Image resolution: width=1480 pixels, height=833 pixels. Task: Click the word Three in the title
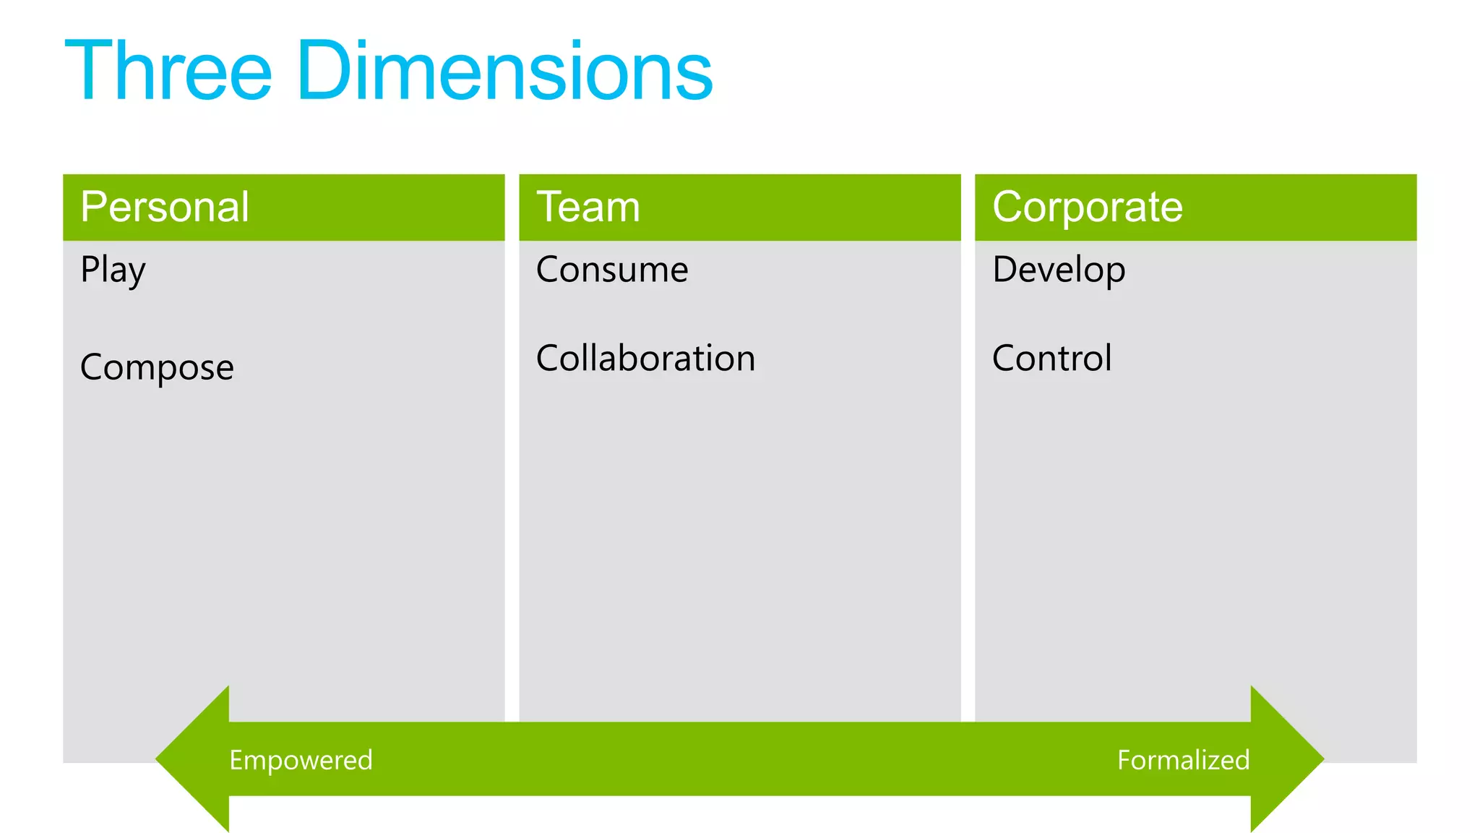click(168, 71)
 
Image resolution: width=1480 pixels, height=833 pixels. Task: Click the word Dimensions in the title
click(504, 71)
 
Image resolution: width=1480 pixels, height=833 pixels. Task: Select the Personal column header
click(165, 207)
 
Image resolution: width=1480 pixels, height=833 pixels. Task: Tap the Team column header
click(588, 207)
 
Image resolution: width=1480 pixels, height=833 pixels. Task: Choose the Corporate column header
click(1088, 207)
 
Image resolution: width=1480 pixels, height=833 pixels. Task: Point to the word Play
click(113, 270)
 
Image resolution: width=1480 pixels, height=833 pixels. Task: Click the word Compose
click(157, 367)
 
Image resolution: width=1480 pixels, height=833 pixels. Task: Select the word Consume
click(612, 270)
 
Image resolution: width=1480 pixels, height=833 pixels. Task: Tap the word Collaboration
click(645, 358)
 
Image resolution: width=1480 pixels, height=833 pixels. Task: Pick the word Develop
click(1059, 270)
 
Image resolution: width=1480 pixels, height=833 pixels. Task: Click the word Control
click(1051, 358)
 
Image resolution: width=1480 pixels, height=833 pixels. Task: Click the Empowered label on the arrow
click(301, 760)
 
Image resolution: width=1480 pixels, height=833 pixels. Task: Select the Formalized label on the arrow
click(1183, 760)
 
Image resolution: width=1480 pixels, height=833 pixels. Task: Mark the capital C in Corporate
click(1007, 207)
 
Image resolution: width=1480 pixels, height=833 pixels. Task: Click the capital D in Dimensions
click(324, 71)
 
